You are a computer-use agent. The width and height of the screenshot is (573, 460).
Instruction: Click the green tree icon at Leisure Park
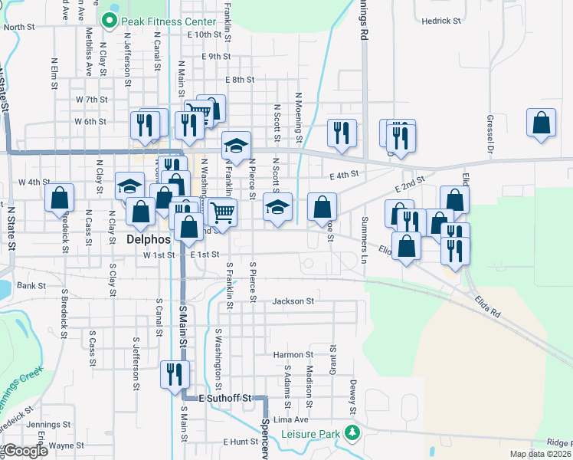coord(352,433)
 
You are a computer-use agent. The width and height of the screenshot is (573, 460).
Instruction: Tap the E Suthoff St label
coord(225,399)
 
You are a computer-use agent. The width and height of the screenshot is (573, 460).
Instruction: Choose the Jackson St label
coord(293,302)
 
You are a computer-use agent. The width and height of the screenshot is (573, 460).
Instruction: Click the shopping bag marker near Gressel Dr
coord(541,124)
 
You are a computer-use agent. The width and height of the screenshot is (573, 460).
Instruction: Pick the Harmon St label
coord(293,355)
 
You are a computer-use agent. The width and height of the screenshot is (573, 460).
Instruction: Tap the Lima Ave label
coord(291,420)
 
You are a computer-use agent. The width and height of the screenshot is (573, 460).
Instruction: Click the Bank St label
coord(31,285)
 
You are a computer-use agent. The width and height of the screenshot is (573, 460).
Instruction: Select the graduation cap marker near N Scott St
coord(277,206)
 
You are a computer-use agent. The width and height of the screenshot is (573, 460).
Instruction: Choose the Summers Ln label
coord(365,237)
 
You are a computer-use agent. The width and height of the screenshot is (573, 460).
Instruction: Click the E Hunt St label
coord(241,442)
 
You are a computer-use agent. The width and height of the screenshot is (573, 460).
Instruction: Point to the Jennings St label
coord(49,423)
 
